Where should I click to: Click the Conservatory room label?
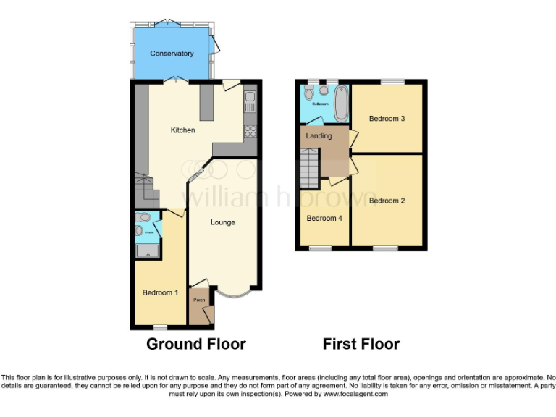click(172, 54)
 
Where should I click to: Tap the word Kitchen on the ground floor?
click(182, 130)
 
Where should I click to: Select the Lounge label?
click(223, 222)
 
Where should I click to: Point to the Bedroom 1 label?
click(160, 292)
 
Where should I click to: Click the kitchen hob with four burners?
click(251, 131)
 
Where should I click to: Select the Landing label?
click(319, 136)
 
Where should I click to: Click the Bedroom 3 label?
click(387, 119)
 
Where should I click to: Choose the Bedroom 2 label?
click(387, 201)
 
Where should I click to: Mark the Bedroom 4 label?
click(324, 218)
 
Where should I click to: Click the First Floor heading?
click(361, 345)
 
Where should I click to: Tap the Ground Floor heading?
click(196, 345)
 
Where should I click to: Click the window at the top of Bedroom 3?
click(392, 80)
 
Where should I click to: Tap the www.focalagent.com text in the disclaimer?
click(356, 395)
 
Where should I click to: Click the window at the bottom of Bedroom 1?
click(153, 326)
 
